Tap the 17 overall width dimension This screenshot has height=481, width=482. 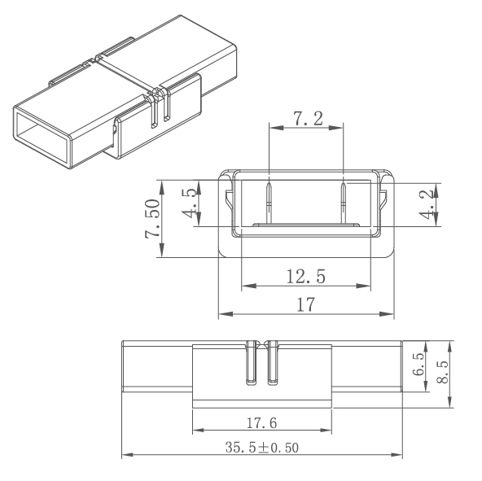306,304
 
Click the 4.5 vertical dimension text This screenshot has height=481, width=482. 187,203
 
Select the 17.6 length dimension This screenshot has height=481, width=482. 261,423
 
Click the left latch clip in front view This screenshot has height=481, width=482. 228,203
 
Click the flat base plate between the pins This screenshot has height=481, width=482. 306,223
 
